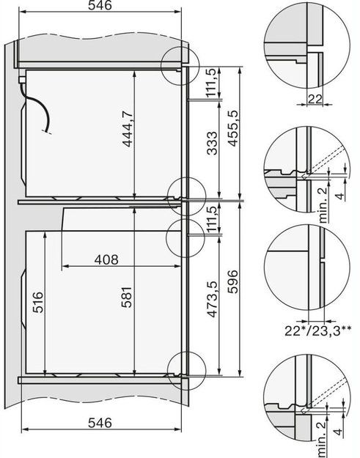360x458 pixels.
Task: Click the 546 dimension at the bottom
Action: [x=99, y=423]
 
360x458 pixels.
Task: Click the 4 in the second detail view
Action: [x=337, y=196]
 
